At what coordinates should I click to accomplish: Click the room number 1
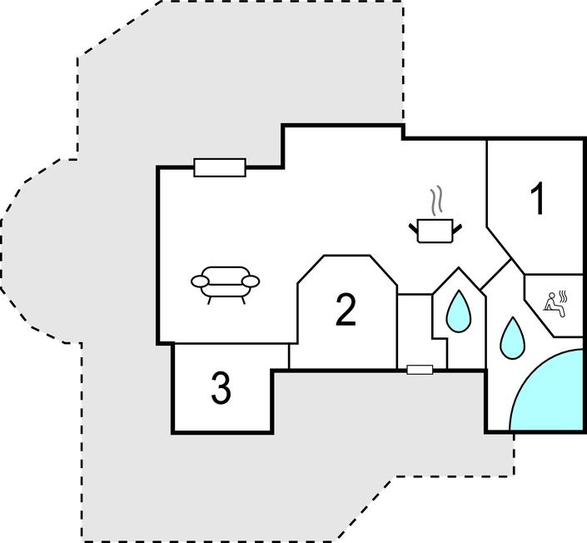coord(538,199)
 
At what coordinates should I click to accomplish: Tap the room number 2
coord(346,310)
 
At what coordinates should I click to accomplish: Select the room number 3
coord(221,389)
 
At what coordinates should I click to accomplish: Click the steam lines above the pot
coord(435,202)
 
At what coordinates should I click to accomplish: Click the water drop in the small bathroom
coord(458,312)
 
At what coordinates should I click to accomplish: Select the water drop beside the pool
coord(512,338)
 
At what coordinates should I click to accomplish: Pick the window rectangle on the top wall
coord(220,167)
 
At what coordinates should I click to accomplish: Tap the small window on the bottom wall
coord(420,370)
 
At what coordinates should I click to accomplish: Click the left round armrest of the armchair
coord(199,281)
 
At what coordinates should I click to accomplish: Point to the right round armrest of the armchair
coord(251,281)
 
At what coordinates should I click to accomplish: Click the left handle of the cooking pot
coord(413,227)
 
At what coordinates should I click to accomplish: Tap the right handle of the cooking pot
coord(457,227)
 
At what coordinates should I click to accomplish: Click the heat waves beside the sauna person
coord(564,296)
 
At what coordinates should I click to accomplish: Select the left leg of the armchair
coord(209,300)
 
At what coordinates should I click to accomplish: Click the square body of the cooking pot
coord(435,231)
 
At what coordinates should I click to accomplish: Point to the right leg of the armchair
coord(243,300)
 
